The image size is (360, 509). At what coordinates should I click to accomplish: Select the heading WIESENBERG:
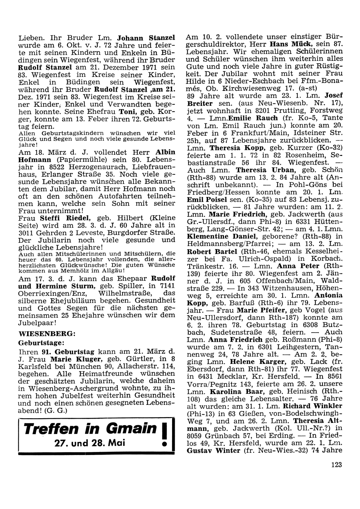coord(47,333)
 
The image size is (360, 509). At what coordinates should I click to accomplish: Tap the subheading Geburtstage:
coord(41,341)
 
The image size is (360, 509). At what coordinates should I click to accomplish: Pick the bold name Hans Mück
coord(287,44)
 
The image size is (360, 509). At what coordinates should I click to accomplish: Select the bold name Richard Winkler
coord(313,406)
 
